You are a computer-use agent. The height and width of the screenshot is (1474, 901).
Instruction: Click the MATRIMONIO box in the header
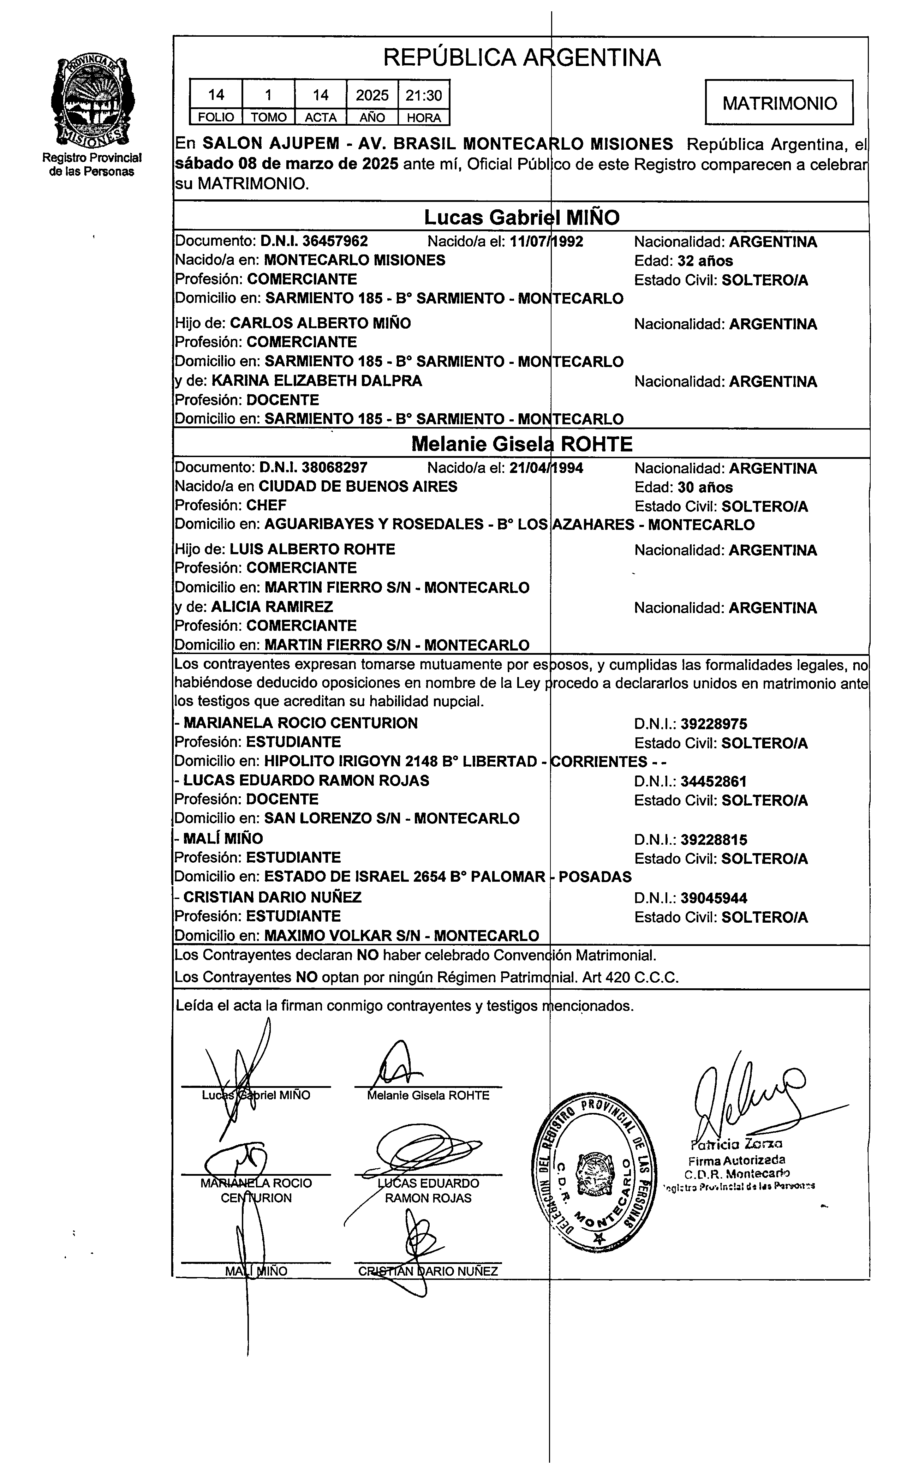click(x=779, y=103)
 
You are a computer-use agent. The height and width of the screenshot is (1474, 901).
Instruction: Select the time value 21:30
click(x=424, y=95)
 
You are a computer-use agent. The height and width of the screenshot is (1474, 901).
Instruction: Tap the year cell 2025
click(x=372, y=95)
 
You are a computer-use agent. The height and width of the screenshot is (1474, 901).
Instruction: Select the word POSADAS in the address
click(x=595, y=877)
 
